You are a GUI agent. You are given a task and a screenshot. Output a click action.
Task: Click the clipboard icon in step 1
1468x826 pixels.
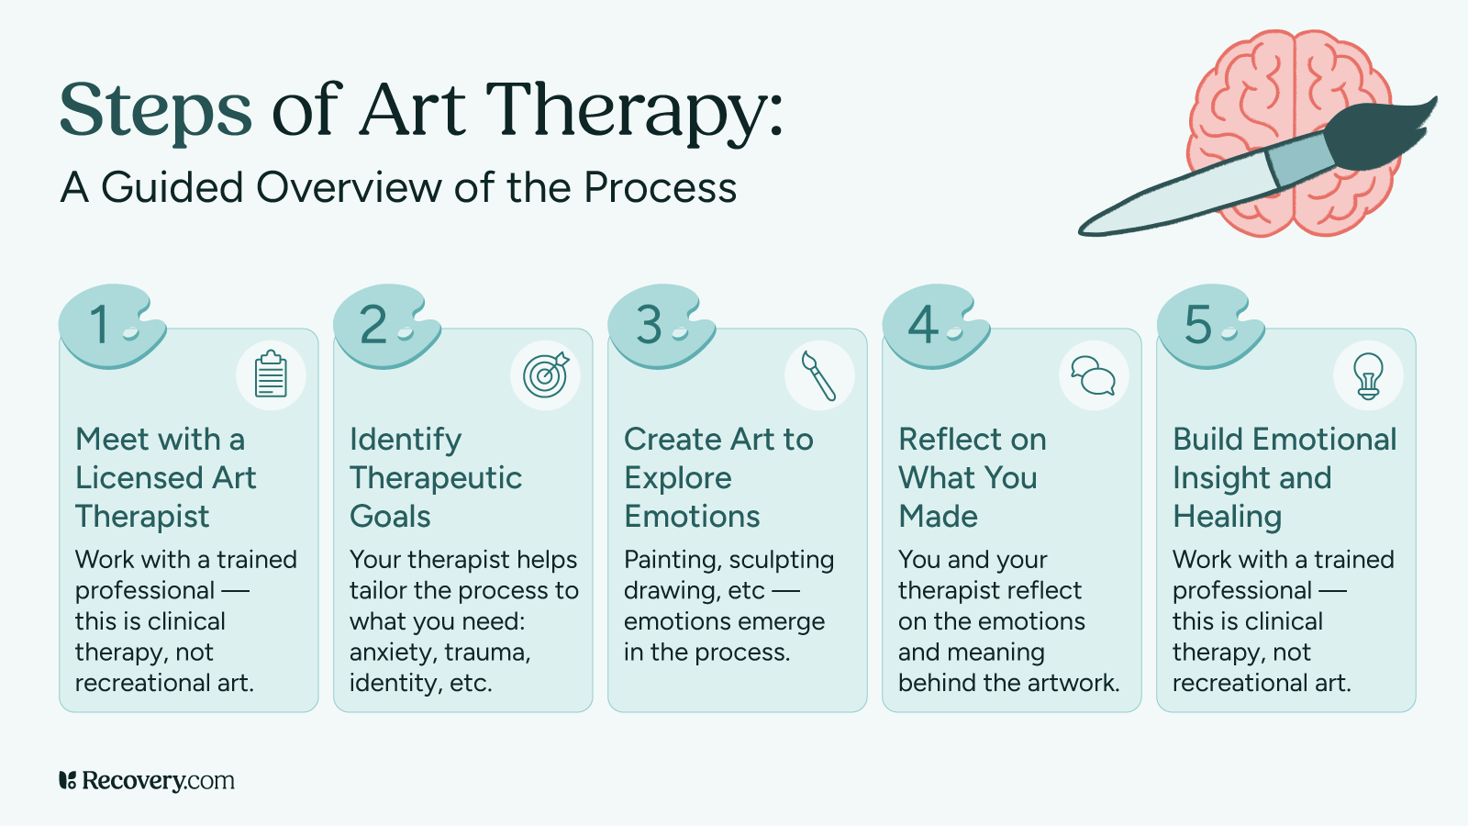(271, 375)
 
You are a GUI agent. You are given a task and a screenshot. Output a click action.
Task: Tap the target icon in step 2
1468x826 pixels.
(545, 375)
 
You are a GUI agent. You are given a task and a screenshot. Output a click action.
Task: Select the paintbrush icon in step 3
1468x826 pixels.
(819, 375)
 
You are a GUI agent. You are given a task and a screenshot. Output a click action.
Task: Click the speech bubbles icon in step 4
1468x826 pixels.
(1094, 375)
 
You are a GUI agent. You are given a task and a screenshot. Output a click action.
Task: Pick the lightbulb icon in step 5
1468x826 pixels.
(1368, 375)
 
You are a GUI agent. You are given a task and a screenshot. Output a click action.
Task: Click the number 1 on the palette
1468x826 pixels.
(100, 325)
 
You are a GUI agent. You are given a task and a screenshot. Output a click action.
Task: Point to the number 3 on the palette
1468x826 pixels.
(649, 325)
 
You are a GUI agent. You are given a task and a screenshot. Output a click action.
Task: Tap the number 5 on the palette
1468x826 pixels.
(1197, 325)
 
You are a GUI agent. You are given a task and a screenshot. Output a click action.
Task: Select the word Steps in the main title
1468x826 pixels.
(155, 110)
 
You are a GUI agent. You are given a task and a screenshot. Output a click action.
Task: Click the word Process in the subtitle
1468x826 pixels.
(660, 188)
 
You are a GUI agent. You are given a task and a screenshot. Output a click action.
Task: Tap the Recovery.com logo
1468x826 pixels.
(147, 781)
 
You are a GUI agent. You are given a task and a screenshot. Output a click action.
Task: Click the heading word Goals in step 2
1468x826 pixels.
(390, 517)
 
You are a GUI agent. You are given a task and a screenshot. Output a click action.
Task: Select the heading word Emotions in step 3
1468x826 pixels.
(692, 517)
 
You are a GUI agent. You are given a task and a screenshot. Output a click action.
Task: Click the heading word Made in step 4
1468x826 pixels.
(938, 517)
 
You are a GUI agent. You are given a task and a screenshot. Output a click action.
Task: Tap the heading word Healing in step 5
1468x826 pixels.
(1227, 517)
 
